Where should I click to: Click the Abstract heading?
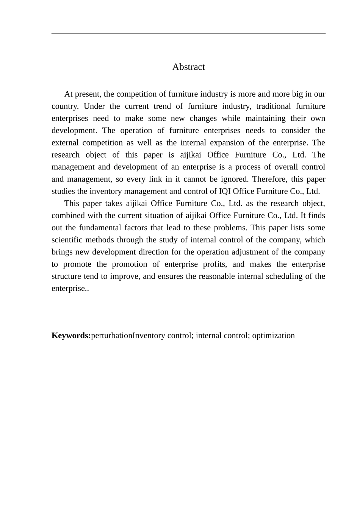[x=188, y=67]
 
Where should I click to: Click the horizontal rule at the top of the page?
[x=188, y=33]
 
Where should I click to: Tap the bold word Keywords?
[x=71, y=336]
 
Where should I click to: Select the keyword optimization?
[x=273, y=336]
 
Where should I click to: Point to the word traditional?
[x=273, y=106]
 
